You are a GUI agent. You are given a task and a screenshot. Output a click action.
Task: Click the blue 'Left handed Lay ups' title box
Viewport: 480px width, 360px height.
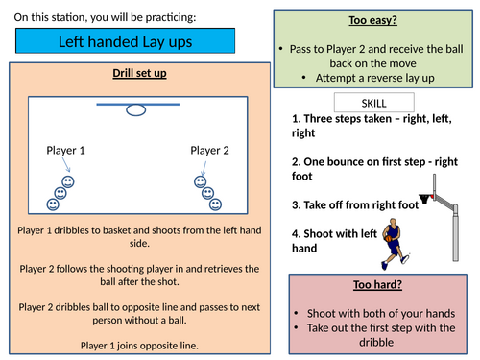(124, 42)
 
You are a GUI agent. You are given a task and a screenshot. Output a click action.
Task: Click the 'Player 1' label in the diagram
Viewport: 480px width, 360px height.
(66, 151)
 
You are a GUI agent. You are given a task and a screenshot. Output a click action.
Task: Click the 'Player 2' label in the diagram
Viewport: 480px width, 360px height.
(210, 151)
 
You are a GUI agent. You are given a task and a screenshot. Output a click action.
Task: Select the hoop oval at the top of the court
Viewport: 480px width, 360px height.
(136, 110)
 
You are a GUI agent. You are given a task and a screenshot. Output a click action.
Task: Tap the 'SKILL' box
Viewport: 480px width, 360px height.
(373, 103)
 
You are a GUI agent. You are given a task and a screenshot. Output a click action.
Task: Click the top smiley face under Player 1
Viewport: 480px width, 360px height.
(68, 181)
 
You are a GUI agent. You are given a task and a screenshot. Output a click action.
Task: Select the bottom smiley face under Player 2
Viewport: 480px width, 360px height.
(216, 204)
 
